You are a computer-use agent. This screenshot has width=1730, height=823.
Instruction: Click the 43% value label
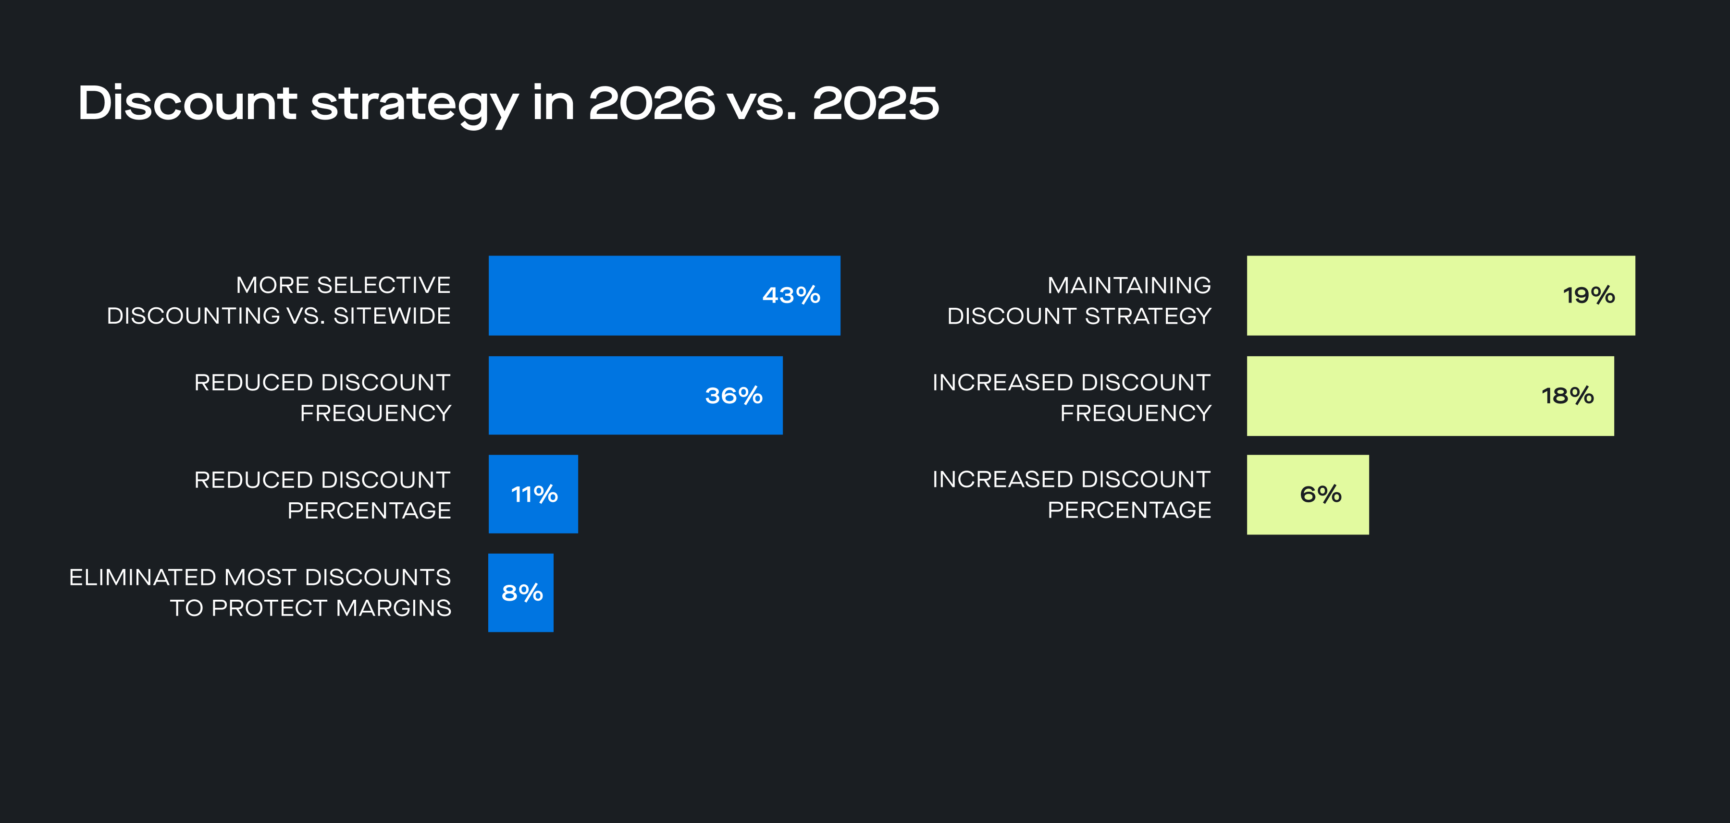791,295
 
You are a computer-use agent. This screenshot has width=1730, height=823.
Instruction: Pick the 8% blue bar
520,593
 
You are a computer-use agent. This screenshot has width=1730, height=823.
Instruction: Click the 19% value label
1588,295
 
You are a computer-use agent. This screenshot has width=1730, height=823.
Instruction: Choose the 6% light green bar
1307,495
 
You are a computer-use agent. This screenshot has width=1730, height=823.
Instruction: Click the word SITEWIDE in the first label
392,316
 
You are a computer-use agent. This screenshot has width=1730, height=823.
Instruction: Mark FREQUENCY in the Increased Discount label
1135,413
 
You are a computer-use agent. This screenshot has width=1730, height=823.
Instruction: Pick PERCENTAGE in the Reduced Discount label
369,511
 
